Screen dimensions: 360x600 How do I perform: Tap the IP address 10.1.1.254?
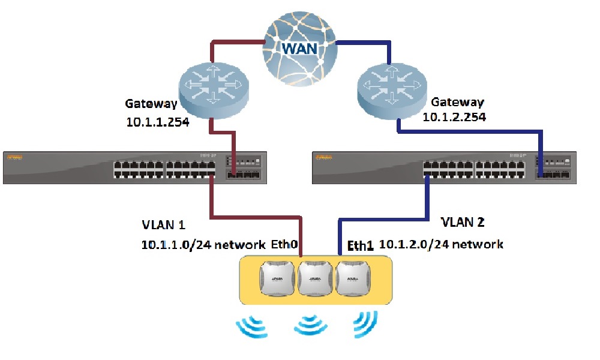tap(158, 122)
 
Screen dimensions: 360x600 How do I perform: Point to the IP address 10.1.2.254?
tap(454, 118)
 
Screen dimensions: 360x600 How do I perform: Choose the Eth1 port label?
tap(361, 245)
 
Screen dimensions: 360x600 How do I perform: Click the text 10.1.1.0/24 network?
tap(203, 245)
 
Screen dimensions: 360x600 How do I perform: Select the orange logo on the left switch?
tap(14, 157)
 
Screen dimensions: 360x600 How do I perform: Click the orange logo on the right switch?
tap(323, 157)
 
